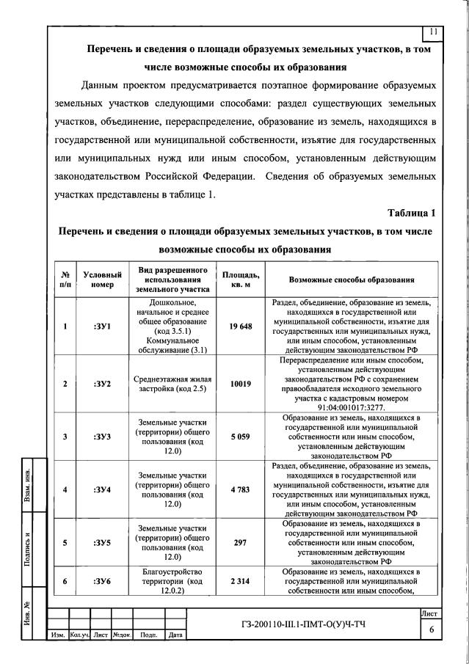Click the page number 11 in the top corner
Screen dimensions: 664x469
tap(433, 32)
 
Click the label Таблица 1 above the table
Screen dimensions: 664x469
tap(411, 213)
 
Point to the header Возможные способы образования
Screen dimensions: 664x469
tap(352, 280)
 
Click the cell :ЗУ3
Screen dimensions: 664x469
tap(103, 437)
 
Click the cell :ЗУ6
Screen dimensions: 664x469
tap(103, 581)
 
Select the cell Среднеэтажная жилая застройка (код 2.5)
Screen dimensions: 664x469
tap(171, 384)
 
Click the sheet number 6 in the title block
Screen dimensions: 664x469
tap(432, 630)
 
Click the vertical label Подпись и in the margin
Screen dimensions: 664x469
tap(26, 547)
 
